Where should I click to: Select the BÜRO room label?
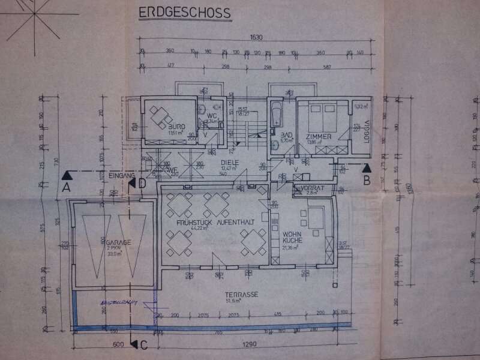coord(158,128)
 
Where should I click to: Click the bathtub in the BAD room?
coord(277,114)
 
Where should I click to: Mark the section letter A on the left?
coord(67,187)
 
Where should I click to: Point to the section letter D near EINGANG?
coord(142,183)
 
